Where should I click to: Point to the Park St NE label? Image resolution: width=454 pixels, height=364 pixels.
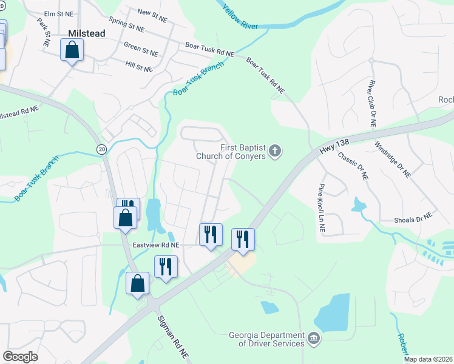[44, 32]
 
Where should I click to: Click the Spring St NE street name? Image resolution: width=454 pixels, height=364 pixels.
[127, 27]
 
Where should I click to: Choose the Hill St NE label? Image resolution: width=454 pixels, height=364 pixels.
[138, 66]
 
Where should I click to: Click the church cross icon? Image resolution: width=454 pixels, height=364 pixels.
[275, 150]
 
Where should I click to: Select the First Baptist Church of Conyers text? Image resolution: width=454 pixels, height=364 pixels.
[231, 152]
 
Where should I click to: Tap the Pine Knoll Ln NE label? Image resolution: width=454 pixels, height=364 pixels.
[320, 208]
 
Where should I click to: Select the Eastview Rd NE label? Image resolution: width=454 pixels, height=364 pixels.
[157, 244]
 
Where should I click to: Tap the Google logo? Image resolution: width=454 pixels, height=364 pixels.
[21, 356]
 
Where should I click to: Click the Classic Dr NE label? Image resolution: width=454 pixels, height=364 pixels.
[353, 166]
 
